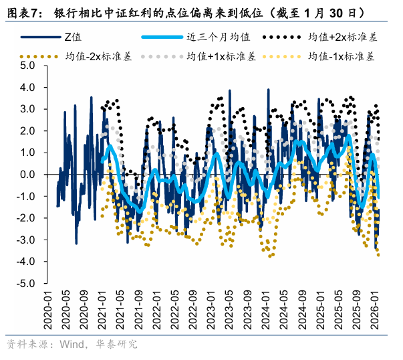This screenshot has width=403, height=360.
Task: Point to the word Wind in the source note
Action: [x=58, y=345]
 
